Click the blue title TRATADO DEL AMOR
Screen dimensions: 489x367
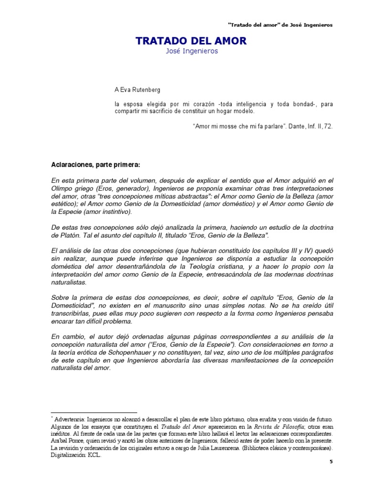coord(191,41)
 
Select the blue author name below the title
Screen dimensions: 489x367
coord(191,52)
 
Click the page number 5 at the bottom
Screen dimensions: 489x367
coord(332,462)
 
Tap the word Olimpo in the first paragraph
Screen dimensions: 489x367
coord(62,188)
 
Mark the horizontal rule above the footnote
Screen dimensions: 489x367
coord(94,412)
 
